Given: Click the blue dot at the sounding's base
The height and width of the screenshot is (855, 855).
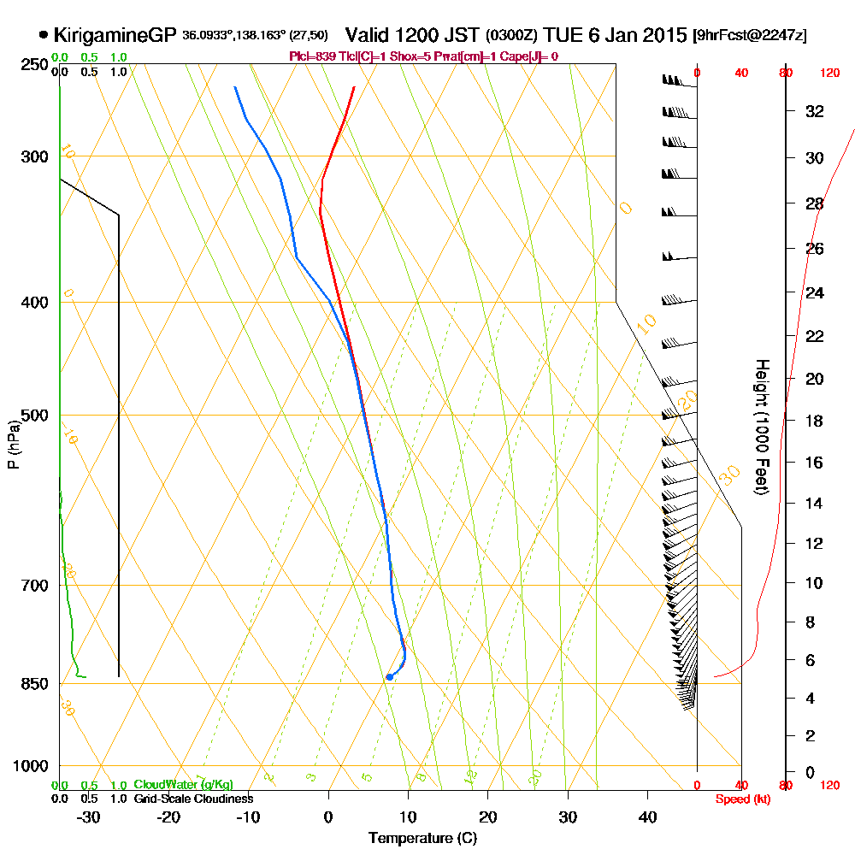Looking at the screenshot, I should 389,676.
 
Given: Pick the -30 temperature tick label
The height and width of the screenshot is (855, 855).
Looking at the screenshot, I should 89,817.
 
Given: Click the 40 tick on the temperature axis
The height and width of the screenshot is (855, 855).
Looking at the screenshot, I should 647,817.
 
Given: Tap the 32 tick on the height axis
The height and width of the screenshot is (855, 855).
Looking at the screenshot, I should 815,111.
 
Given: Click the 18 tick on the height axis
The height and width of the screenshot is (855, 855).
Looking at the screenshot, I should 815,421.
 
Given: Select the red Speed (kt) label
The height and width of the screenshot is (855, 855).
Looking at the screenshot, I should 740,799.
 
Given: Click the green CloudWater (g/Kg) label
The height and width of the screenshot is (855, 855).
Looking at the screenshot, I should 183,785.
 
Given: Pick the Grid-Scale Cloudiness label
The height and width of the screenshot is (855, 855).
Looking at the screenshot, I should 192,799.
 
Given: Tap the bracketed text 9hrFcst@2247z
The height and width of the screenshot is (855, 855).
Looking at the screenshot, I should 749,36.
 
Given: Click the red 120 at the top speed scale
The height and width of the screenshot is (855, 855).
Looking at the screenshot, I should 829,74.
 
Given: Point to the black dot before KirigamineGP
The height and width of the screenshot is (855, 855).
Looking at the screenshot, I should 43,36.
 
